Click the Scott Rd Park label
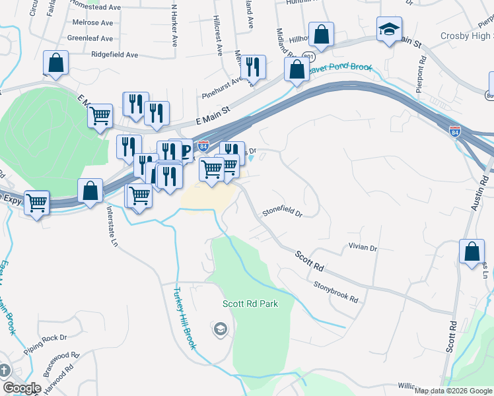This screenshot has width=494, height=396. pos(250,304)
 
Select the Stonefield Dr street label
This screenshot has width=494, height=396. pos(282,213)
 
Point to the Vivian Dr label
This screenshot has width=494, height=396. pos(363,247)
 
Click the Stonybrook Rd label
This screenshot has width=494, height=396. pos(335,293)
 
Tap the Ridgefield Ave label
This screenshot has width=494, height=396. pos(115,54)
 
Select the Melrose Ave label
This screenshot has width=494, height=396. pos(94,22)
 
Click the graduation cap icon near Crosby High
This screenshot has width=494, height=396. pos(390,30)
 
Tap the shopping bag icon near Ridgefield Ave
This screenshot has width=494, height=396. pos(56,63)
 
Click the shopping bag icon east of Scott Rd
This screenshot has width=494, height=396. pos(472,252)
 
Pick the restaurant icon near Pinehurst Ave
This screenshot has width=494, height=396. pos(252,67)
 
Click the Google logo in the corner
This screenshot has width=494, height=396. pos(22,388)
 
